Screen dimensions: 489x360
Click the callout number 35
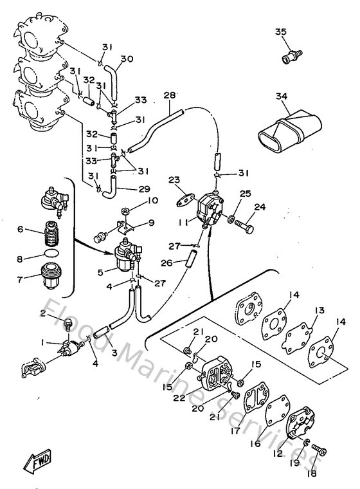tap(281, 32)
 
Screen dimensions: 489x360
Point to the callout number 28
tap(169, 96)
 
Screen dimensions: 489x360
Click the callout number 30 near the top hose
tap(127, 59)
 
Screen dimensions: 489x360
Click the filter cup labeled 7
tap(50, 277)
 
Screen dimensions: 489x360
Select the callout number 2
tap(43, 313)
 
